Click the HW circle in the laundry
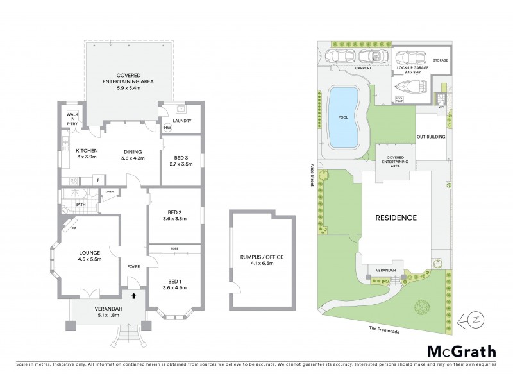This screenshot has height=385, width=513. (167, 128)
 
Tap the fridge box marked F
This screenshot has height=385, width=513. (97, 180)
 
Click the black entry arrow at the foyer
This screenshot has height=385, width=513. (133, 296)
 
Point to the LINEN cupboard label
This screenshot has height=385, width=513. (109, 192)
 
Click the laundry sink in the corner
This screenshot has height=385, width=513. (172, 110)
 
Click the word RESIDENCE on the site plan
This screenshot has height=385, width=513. (396, 218)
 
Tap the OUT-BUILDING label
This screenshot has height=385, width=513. (430, 137)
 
